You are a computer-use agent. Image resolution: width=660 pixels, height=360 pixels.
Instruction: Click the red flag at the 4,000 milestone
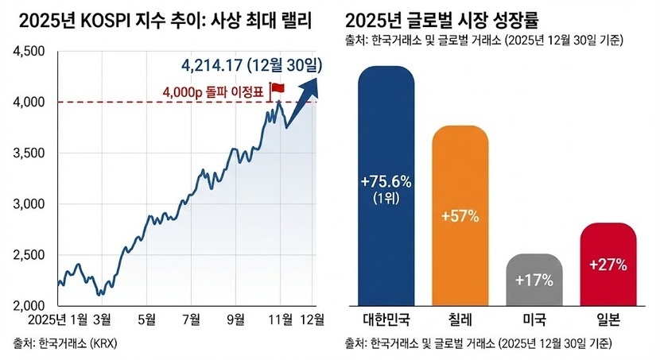coord(278,88)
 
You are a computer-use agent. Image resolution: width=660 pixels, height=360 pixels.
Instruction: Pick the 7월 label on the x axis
coord(191,320)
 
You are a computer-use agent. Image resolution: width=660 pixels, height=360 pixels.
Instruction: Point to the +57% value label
coord(460,216)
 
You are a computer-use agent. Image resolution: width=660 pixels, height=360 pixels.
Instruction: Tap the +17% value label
coord(534,281)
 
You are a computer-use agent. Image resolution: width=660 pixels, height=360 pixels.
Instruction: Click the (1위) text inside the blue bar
coord(386,197)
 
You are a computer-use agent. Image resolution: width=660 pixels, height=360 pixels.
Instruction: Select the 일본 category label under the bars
coord(608,320)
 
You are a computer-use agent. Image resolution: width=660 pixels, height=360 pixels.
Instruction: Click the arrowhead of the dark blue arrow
coord(312,81)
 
